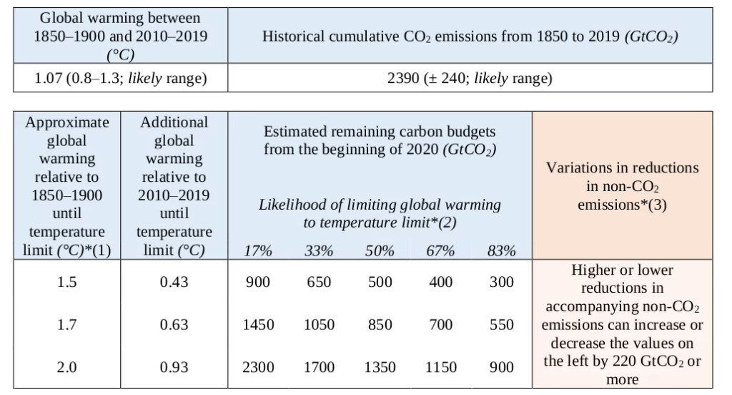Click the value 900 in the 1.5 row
258,282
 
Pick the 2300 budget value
258,367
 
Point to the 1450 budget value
258,325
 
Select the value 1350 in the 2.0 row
380,367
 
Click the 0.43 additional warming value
174,282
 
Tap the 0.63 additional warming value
174,325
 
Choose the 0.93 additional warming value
174,367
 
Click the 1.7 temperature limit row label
67,325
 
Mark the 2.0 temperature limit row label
67,367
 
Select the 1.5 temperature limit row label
67,282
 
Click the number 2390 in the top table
404,79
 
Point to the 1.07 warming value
49,79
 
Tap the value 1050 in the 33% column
319,325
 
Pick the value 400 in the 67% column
441,282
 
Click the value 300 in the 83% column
502,282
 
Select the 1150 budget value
441,367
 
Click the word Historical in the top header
295,36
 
